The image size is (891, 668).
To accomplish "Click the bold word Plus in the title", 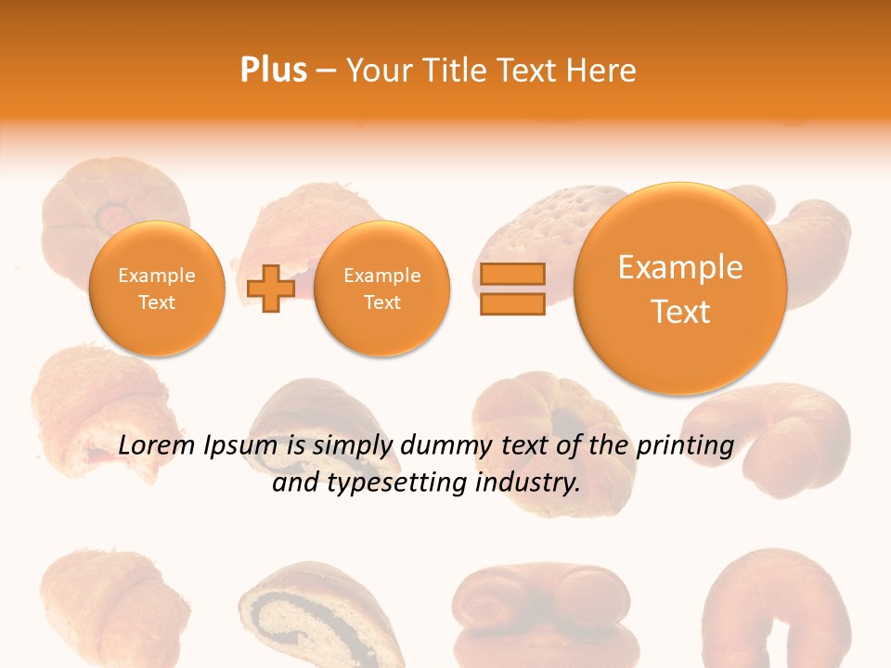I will click(x=273, y=70).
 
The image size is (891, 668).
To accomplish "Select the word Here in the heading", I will click(x=602, y=71).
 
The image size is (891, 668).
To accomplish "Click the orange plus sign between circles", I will click(x=271, y=289).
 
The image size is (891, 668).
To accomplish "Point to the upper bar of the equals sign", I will click(x=512, y=274).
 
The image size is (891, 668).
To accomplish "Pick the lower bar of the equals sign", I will click(x=512, y=303).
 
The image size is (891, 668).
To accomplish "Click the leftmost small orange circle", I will click(x=157, y=289).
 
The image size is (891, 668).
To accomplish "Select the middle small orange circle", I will click(x=381, y=289).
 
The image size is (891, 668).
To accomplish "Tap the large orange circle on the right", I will click(x=680, y=289).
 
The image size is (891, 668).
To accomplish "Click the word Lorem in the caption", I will click(x=158, y=445).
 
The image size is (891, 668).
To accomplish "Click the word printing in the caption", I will click(x=685, y=446).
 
